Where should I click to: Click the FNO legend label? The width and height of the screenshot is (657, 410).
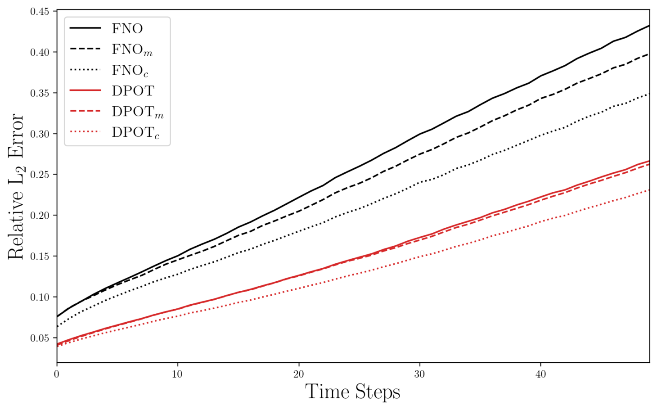(127, 28)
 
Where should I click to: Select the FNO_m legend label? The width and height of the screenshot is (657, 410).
(132, 50)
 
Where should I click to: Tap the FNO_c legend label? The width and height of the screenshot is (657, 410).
(130, 70)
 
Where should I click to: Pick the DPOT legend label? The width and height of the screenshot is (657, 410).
(133, 91)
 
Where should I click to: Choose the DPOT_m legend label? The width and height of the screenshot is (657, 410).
(137, 112)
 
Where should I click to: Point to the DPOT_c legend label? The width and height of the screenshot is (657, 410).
(135, 132)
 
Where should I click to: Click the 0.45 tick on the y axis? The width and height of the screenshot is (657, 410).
(40, 11)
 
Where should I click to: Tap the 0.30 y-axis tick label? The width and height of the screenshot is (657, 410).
(40, 134)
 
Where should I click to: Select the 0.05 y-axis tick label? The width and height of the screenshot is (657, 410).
(40, 338)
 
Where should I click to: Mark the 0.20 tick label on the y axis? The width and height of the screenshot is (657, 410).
(40, 216)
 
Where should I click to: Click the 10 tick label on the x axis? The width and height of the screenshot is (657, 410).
(178, 374)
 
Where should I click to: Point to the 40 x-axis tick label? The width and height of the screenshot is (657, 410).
(540, 374)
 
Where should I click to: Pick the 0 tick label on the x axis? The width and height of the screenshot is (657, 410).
(57, 374)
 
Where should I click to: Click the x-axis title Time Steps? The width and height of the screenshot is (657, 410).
(352, 392)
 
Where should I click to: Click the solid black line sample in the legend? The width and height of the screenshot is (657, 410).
(85, 28)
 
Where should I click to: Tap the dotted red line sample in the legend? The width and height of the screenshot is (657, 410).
(85, 132)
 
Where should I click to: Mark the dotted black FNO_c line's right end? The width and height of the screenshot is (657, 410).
(649, 94)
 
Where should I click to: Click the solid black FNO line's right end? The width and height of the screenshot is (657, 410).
(649, 26)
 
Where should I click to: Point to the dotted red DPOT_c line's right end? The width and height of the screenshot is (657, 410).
(649, 190)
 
